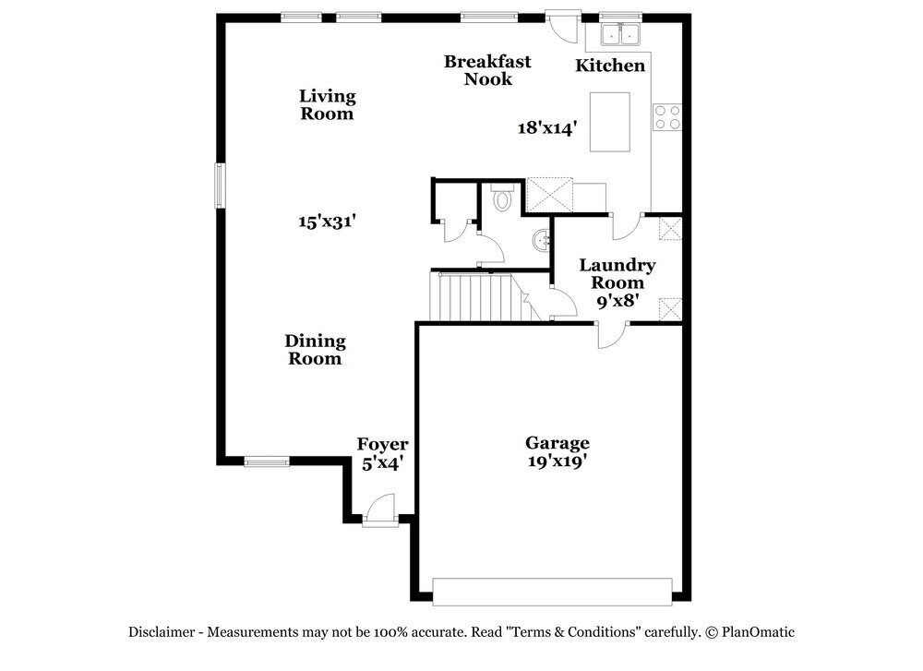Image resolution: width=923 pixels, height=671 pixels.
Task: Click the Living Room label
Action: click(x=328, y=105)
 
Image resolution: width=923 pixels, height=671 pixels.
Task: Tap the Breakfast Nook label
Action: click(x=487, y=70)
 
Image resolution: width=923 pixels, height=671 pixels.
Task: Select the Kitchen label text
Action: click(x=610, y=66)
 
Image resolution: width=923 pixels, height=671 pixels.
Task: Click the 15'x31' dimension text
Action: click(x=327, y=222)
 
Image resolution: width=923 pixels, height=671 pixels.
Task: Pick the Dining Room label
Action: click(x=315, y=350)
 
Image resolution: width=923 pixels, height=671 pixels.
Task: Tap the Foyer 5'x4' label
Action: click(x=382, y=454)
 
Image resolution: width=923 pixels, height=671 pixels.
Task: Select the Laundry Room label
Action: click(x=617, y=274)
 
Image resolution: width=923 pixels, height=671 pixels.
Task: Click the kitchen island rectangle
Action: click(x=610, y=122)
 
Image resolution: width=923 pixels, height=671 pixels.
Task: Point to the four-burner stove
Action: click(x=667, y=116)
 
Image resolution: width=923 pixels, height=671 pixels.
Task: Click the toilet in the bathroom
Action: click(x=502, y=198)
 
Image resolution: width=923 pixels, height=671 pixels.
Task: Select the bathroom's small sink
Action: click(x=541, y=241)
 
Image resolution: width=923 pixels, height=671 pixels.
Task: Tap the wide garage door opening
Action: click(x=552, y=592)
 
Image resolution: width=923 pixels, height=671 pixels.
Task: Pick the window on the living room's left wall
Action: click(x=220, y=185)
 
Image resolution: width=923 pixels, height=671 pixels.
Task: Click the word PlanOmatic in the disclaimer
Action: click(x=757, y=632)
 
